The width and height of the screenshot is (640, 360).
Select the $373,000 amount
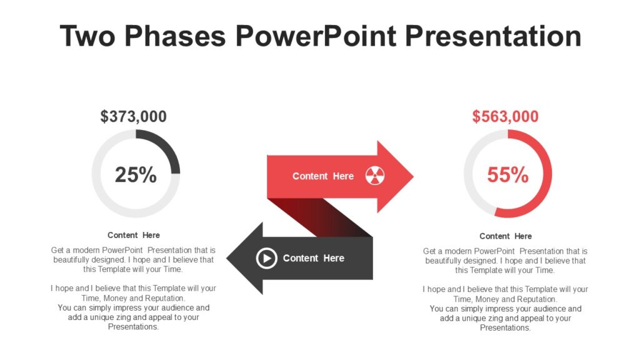click(134, 116)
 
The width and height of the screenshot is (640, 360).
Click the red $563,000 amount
click(505, 117)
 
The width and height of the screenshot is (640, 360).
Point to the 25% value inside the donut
click(136, 175)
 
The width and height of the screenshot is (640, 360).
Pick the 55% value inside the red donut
click(507, 175)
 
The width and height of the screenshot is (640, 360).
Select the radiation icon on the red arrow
click(375, 176)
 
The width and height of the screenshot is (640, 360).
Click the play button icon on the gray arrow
click(266, 257)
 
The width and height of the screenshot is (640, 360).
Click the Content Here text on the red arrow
click(322, 176)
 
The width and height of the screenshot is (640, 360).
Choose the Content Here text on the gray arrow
click(313, 258)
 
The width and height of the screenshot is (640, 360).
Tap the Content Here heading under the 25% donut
click(134, 235)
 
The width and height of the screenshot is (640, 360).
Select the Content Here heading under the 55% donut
click(506, 236)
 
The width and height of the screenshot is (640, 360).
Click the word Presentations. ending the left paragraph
click(134, 326)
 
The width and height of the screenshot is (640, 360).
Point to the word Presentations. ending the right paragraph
click(506, 327)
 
